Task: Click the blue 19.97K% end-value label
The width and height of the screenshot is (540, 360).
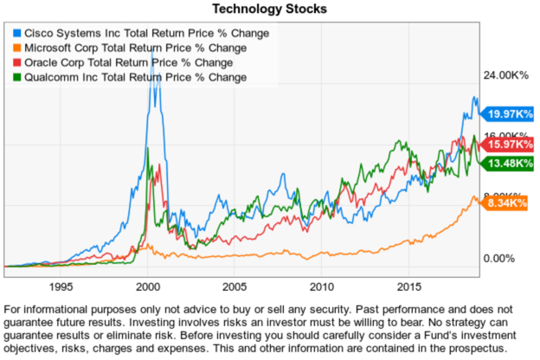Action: tap(507, 114)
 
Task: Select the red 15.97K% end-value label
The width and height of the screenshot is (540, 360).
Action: tap(507, 144)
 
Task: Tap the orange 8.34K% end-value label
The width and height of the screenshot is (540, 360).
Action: tap(507, 203)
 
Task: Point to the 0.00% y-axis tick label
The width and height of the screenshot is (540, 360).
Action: tap(501, 259)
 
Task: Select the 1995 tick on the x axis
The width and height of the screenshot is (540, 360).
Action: tap(60, 285)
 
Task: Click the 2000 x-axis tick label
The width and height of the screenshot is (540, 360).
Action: tap(147, 285)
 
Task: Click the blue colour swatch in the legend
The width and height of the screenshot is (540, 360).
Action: tap(16, 33)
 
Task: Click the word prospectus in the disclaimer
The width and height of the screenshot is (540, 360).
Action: tap(472, 347)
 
